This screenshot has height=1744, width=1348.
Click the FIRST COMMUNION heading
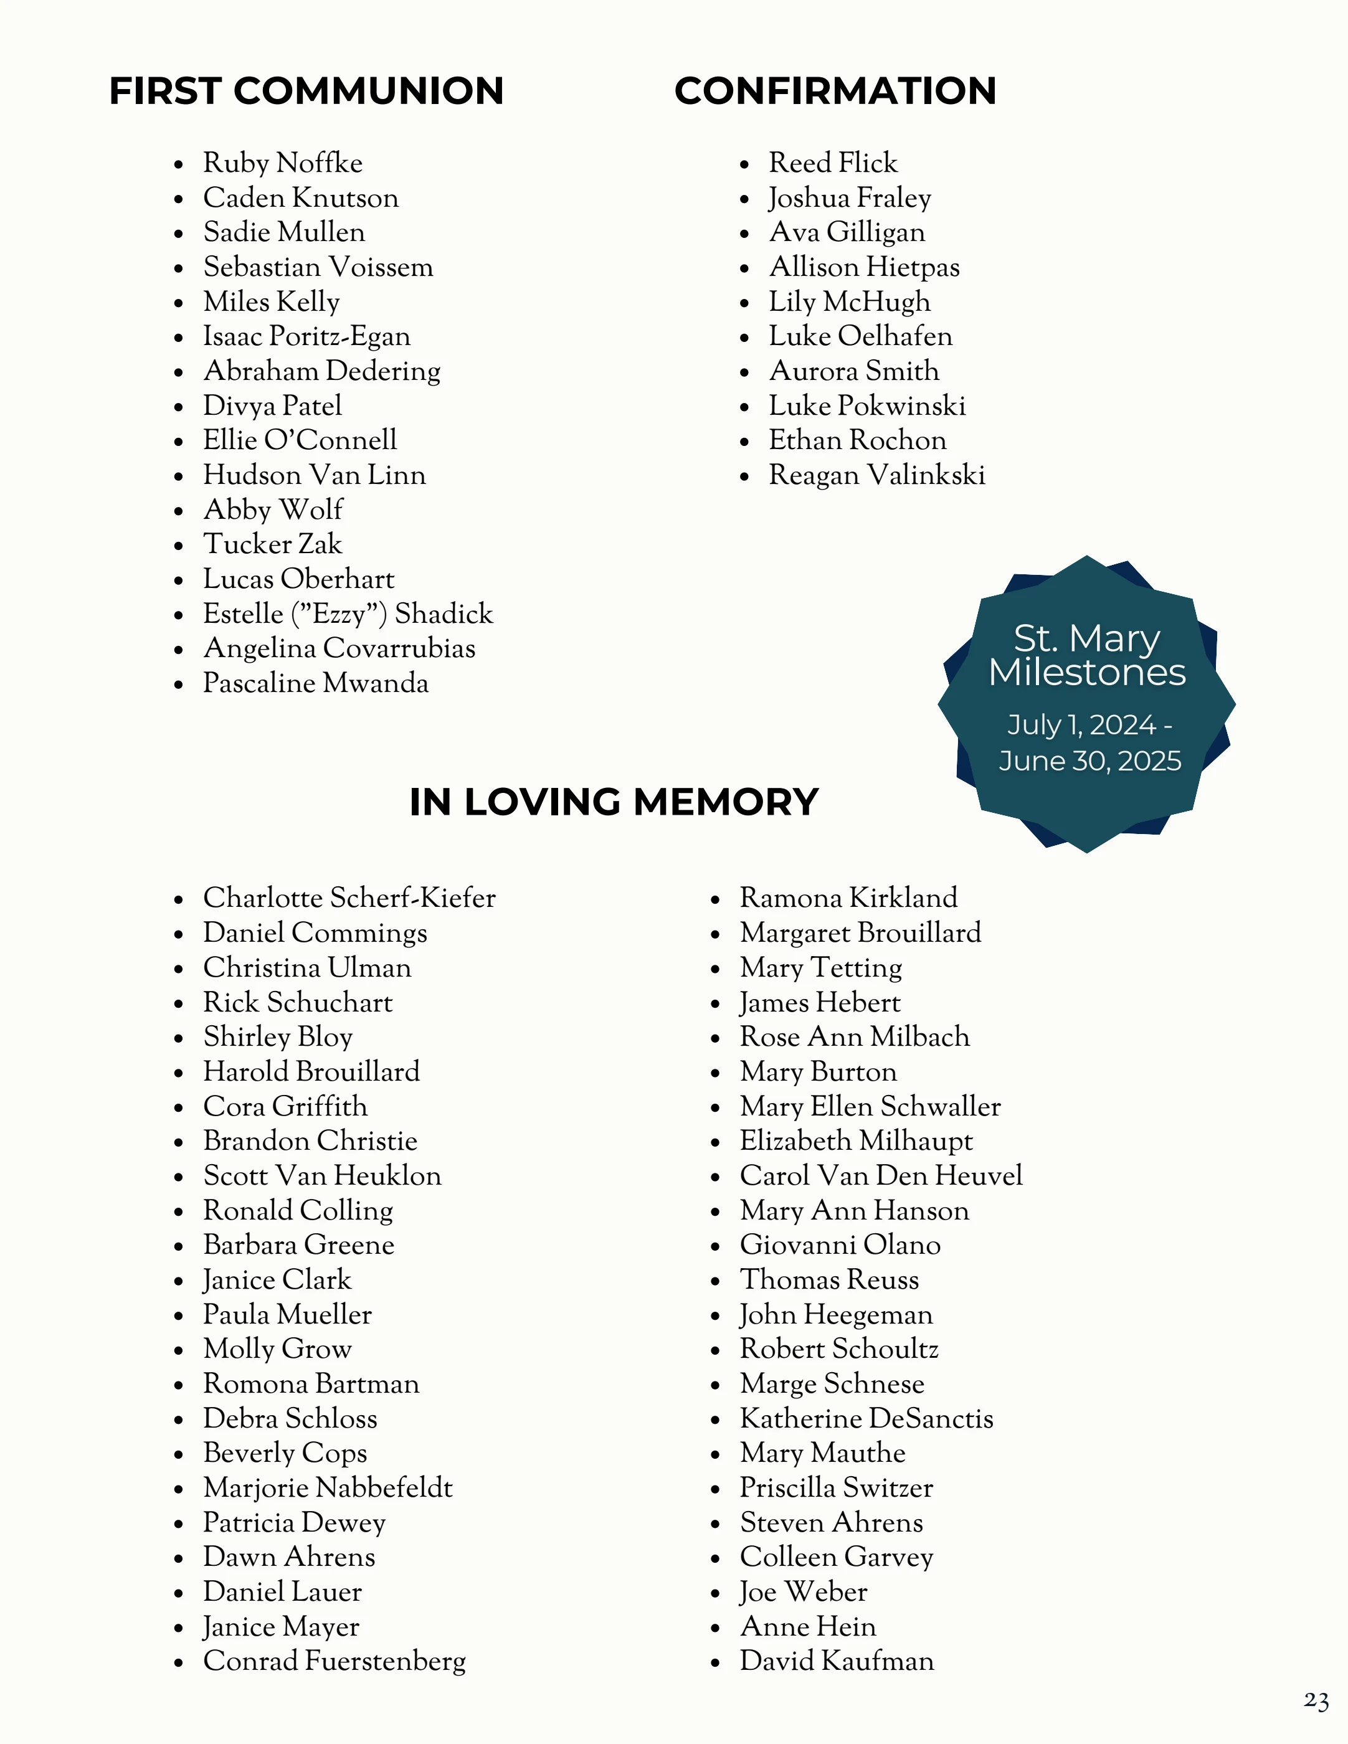pyautogui.click(x=306, y=91)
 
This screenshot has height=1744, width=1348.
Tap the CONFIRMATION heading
pyautogui.click(x=835, y=91)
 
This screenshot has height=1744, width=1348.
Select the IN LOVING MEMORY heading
pyautogui.click(x=614, y=802)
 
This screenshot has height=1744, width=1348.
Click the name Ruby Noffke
pyautogui.click(x=283, y=163)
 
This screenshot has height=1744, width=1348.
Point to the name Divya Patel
pyautogui.click(x=272, y=405)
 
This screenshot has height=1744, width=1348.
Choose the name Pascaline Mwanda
pyautogui.click(x=315, y=683)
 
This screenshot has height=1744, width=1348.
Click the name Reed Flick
pyautogui.click(x=833, y=163)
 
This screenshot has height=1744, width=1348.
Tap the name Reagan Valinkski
pyautogui.click(x=877, y=475)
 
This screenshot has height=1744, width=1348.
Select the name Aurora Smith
pyautogui.click(x=853, y=371)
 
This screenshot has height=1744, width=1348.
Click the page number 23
pyautogui.click(x=1316, y=1701)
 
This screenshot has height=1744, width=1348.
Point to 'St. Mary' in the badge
pyautogui.click(x=1086, y=638)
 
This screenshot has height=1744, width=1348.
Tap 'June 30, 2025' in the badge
pyautogui.click(x=1089, y=761)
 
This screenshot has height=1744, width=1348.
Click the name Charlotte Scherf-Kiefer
pyautogui.click(x=349, y=898)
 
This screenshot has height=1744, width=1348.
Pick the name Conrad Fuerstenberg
pyautogui.click(x=335, y=1661)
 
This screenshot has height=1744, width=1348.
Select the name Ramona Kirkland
pyautogui.click(x=848, y=898)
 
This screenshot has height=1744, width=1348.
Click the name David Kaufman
pyautogui.click(x=836, y=1661)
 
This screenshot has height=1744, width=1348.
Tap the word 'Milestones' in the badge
pyautogui.click(x=1087, y=672)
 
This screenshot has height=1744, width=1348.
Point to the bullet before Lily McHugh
pyautogui.click(x=744, y=303)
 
